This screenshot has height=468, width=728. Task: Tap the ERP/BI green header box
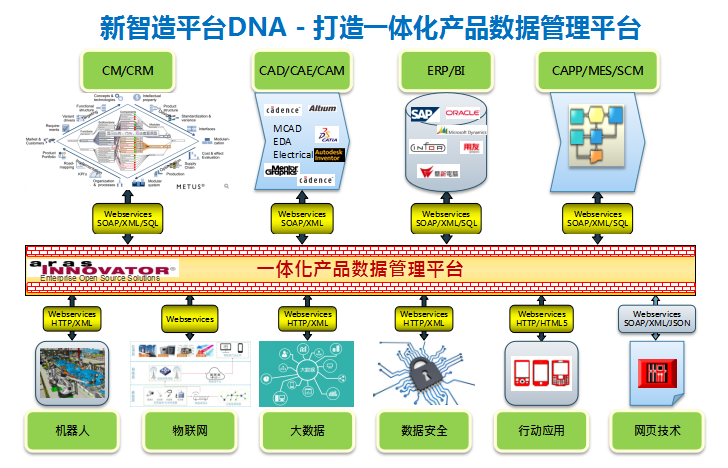(445, 70)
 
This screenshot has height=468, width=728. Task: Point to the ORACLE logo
(464, 114)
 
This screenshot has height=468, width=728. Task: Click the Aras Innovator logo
(103, 269)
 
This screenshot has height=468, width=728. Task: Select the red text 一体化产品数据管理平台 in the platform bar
(360, 269)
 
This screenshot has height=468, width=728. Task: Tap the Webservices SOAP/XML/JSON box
(656, 318)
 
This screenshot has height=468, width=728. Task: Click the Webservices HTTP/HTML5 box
(540, 318)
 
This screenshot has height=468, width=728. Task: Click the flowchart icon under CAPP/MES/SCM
(597, 133)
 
